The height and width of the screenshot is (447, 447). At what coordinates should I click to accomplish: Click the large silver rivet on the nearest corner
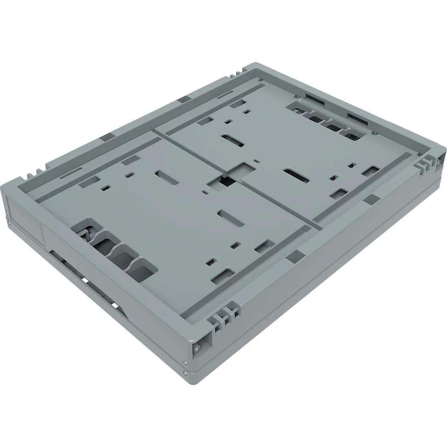[196, 348]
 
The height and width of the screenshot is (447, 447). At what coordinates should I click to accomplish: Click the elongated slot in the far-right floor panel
[295, 176]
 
